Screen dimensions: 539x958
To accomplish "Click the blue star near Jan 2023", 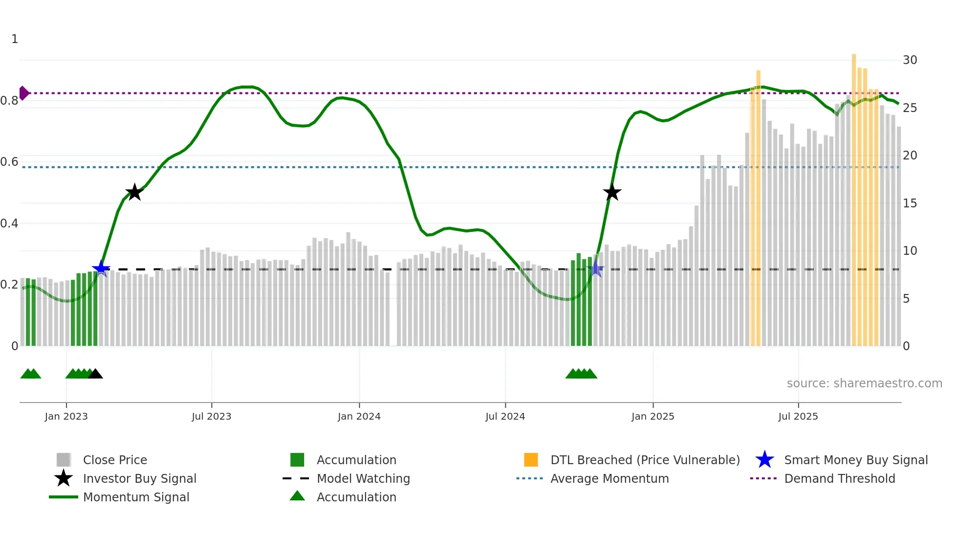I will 101,269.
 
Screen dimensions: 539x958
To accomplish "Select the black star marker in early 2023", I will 134,192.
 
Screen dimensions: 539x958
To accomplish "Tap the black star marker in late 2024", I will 612,192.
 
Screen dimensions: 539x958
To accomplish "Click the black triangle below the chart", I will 95,374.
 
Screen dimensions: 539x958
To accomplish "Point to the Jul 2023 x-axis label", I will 211,416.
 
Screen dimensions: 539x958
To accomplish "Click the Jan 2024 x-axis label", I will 359,416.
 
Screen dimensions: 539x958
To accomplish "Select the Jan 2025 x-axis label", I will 653,416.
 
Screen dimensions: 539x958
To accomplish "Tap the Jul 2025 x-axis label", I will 798,416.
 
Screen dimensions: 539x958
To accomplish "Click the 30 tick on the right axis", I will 910,60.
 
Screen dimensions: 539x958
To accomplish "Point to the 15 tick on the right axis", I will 910,203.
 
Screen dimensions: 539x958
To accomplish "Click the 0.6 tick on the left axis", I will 9,162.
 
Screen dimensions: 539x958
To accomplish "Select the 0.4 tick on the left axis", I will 9,224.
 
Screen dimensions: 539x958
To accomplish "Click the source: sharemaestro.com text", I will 864,383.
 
